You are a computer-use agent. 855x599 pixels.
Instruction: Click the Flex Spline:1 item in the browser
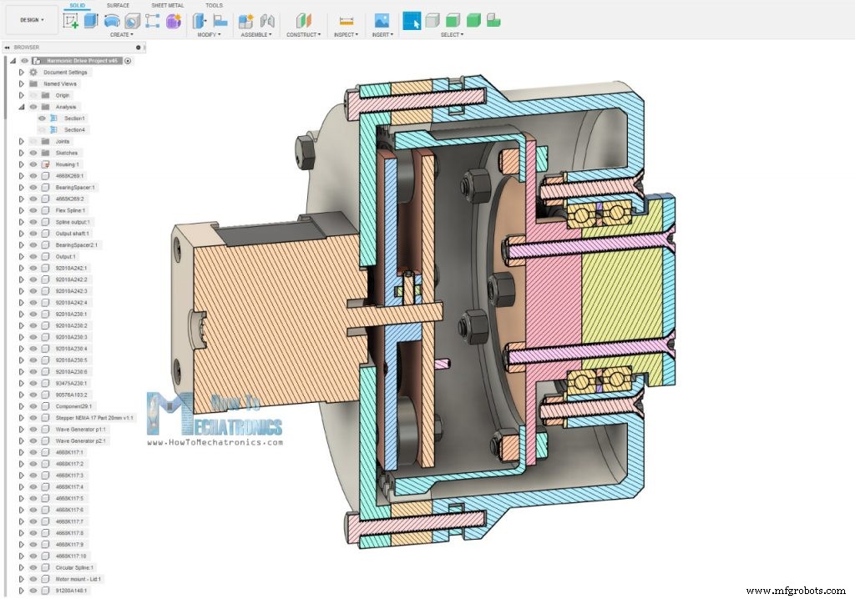(70, 210)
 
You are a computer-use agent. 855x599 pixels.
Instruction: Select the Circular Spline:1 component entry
(74, 567)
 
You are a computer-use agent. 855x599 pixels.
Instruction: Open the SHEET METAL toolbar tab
(168, 5)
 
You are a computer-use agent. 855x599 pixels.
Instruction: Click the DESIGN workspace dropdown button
(31, 19)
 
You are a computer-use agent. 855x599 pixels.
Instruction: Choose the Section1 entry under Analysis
(74, 118)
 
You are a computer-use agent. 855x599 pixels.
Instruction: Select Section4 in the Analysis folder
(74, 130)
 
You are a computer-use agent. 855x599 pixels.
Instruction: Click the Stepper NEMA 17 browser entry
(94, 417)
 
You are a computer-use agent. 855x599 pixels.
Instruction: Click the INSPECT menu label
(345, 35)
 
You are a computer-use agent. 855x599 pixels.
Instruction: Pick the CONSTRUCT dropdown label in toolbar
(302, 35)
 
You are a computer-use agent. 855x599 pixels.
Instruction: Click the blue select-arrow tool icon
(412, 20)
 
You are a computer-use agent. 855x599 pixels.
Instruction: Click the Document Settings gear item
(65, 73)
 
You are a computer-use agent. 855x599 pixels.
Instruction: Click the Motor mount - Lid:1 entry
(78, 578)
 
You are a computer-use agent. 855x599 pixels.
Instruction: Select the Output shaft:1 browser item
(73, 234)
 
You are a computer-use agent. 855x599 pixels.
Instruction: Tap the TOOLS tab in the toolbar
(214, 5)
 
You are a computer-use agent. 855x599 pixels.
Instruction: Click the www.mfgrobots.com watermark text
(797, 591)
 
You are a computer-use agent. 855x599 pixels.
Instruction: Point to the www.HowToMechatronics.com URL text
(215, 442)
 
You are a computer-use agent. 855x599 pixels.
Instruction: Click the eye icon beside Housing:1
(33, 164)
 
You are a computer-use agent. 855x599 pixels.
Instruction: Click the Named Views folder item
(60, 84)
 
